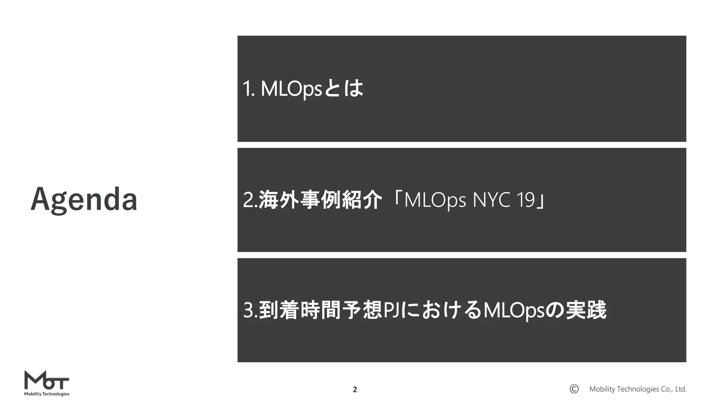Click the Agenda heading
(84, 199)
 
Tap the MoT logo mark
(47, 381)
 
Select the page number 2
(355, 390)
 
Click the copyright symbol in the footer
(574, 389)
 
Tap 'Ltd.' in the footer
(681, 389)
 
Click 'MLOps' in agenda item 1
(291, 89)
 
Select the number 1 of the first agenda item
(247, 89)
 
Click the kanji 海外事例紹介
(320, 200)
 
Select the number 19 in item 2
(525, 200)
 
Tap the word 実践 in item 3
(586, 310)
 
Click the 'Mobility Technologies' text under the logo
(47, 394)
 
